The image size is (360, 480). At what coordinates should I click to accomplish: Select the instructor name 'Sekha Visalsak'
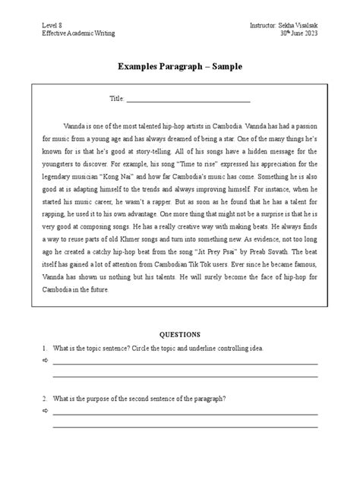click(x=297, y=26)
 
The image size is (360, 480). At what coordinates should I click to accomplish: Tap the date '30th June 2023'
click(x=292, y=34)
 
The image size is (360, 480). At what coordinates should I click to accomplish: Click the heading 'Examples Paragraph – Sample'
click(x=180, y=67)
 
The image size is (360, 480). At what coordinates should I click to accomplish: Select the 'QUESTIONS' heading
click(x=179, y=334)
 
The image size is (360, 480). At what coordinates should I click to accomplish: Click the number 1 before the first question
click(x=46, y=348)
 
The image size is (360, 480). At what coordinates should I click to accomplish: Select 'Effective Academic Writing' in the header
click(x=73, y=34)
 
